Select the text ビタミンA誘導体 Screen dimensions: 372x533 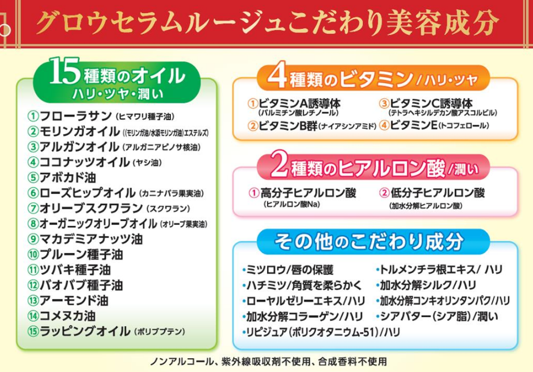coord(299,103)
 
